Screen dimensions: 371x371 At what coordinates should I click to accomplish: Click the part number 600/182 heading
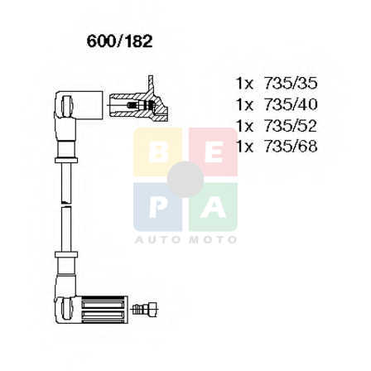(x=119, y=41)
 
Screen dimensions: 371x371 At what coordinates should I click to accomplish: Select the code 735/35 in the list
(x=291, y=84)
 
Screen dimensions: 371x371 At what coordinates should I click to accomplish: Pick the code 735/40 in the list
(x=291, y=104)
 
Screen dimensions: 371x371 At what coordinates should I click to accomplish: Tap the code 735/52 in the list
(x=291, y=126)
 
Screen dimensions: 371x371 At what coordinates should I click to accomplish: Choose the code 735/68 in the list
(x=291, y=147)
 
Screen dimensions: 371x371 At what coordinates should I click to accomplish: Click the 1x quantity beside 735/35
(x=244, y=84)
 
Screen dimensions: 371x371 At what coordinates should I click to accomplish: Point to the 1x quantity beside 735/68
(x=244, y=147)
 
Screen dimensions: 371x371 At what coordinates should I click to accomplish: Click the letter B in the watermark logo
(x=158, y=152)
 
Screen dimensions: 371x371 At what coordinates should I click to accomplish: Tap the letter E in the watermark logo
(x=214, y=152)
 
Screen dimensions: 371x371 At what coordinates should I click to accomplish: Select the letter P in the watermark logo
(x=158, y=208)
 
